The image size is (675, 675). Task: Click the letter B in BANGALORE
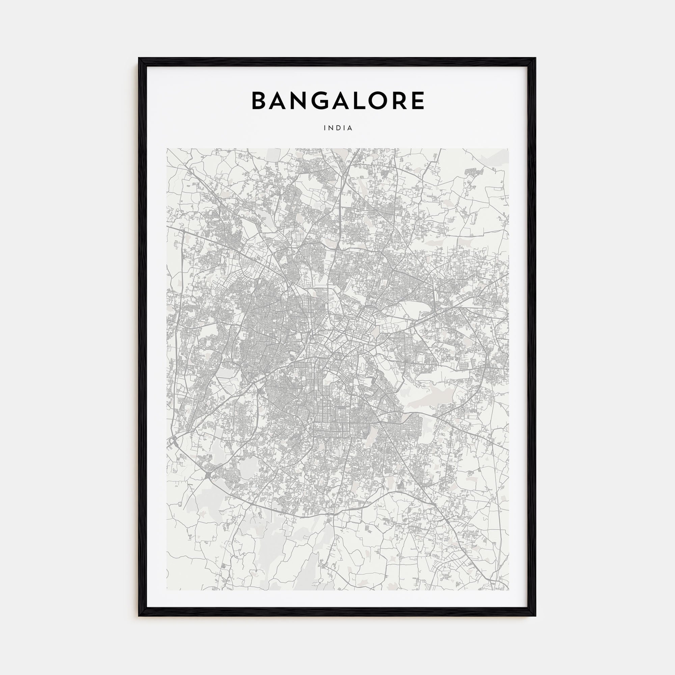tap(259, 101)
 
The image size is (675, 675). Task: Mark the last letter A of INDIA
tap(350, 128)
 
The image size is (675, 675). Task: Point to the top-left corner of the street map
tap(167, 149)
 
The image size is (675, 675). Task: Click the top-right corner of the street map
tap(508, 149)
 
